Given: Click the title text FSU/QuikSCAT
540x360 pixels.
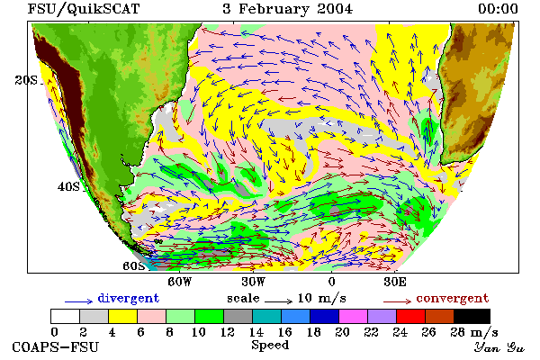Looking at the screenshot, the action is tap(84, 9).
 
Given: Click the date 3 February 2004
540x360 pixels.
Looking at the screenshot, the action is tap(288, 9).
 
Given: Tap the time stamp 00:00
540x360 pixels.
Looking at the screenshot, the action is tap(498, 9).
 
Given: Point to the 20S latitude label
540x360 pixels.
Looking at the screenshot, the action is tap(26, 80).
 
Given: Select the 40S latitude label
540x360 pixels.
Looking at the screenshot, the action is tap(68, 186).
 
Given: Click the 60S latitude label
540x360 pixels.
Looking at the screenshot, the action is tap(133, 266).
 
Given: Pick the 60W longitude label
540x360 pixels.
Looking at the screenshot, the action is tap(180, 282).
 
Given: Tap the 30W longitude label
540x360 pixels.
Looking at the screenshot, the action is tap(254, 282).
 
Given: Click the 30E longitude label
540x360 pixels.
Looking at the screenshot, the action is tap(395, 282).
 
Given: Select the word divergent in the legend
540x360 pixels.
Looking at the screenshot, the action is tap(129, 298).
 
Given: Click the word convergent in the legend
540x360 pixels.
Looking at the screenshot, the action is tap(453, 298).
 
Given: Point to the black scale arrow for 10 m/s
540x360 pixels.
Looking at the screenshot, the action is tap(279, 301).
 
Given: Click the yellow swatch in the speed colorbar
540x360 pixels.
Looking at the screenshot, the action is tap(122, 316).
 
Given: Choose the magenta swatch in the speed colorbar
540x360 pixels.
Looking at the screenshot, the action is tap(353, 316).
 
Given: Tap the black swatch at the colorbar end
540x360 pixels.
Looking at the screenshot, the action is tap(472, 316).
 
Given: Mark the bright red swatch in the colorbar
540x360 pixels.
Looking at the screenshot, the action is tap(410, 316).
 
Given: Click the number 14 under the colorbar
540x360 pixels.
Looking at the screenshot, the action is tap(256, 332).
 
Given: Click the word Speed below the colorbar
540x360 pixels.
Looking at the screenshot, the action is tap(270, 346).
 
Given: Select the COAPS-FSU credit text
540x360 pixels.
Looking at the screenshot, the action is tap(56, 346).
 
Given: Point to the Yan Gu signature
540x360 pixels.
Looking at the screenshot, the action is tap(499, 347).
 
